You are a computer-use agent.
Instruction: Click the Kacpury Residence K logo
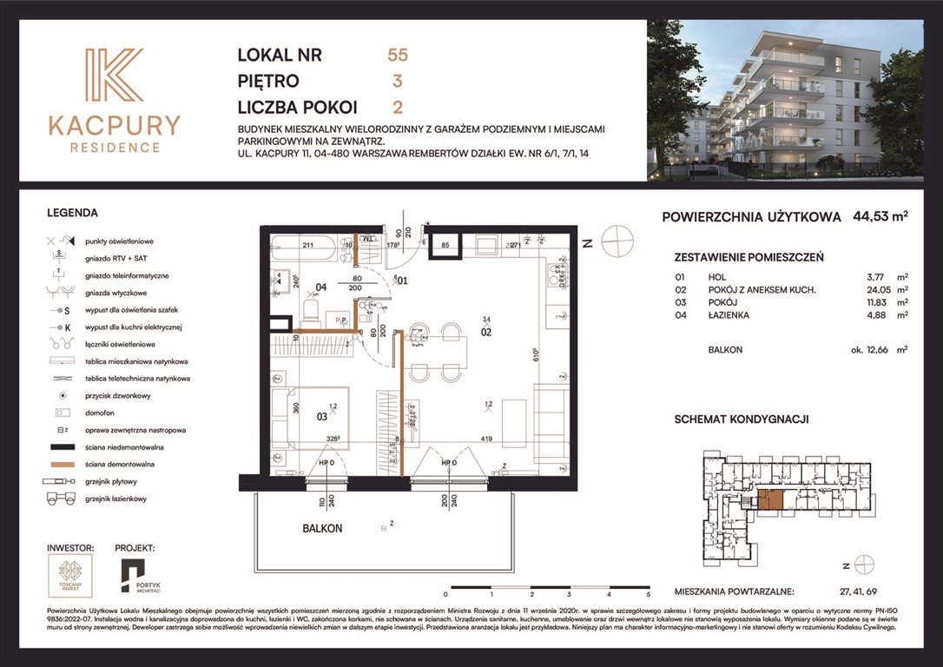(x=114, y=77)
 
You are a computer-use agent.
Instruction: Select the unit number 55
(x=398, y=56)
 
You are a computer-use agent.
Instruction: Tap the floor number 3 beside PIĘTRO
(x=397, y=82)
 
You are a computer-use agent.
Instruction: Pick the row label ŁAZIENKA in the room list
(x=731, y=315)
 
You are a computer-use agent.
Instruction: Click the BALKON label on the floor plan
(x=323, y=528)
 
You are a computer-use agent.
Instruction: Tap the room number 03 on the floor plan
(x=321, y=415)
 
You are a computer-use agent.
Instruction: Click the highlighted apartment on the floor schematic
(x=768, y=499)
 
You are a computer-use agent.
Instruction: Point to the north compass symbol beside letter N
(x=617, y=241)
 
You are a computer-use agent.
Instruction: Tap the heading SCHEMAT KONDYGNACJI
(x=741, y=419)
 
